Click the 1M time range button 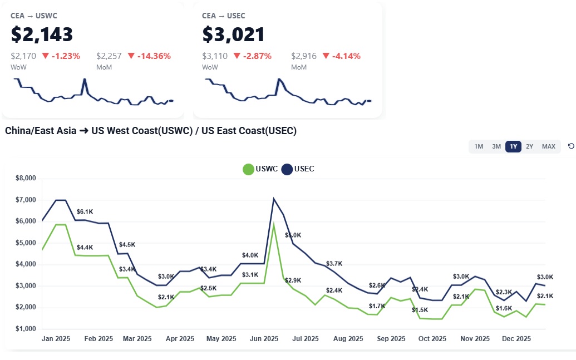(x=479, y=146)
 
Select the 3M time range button (x=496, y=146)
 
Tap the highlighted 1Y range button (x=513, y=146)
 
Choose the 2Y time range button (x=530, y=146)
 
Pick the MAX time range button (x=549, y=146)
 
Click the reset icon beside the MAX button (x=571, y=146)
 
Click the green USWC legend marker (x=248, y=169)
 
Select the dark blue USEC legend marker (x=287, y=169)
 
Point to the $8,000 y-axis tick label (x=24, y=178)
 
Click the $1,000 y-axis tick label (x=24, y=329)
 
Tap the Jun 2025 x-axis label (x=264, y=338)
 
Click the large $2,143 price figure (x=42, y=34)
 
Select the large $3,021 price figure (x=233, y=34)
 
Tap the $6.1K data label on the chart (x=85, y=211)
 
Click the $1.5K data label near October (x=420, y=309)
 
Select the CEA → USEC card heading (x=224, y=16)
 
